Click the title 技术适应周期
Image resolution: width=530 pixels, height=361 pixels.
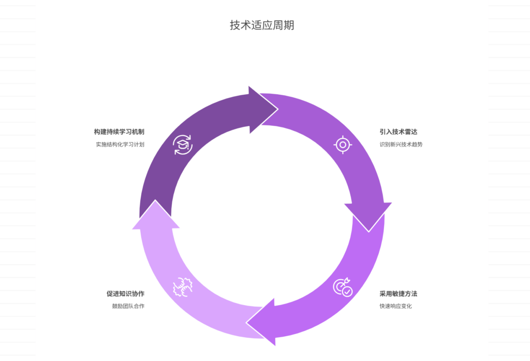(x=262, y=25)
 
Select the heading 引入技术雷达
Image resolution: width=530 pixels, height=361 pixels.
(x=398, y=132)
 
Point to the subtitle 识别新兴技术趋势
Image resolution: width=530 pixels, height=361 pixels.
(x=401, y=145)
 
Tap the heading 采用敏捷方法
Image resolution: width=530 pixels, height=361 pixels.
(x=398, y=294)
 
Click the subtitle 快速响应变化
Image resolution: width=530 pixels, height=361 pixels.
(x=395, y=306)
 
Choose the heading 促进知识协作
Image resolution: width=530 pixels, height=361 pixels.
(x=125, y=294)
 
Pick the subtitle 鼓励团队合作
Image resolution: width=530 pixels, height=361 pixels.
(x=128, y=306)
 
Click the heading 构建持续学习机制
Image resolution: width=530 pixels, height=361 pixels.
(x=119, y=132)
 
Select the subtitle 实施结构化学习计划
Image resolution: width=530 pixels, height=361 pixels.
(x=120, y=145)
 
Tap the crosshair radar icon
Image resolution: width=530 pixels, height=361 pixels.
(x=343, y=145)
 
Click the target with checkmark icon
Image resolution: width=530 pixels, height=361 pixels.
(x=343, y=287)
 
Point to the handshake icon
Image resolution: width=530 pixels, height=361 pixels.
(x=182, y=287)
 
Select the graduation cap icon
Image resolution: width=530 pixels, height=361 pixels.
(x=182, y=145)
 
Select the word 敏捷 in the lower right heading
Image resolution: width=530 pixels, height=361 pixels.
(x=398, y=294)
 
